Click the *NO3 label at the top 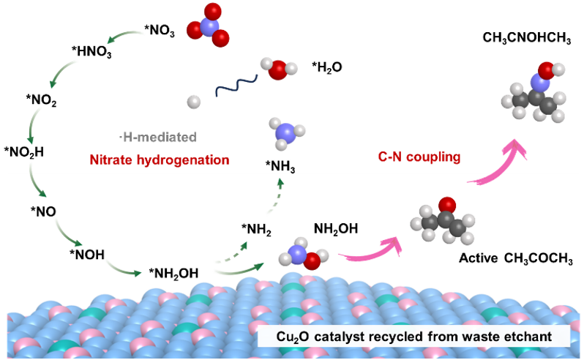pyautogui.click(x=159, y=31)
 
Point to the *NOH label pyautogui.click(x=88, y=255)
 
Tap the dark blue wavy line pyautogui.click(x=236, y=86)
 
